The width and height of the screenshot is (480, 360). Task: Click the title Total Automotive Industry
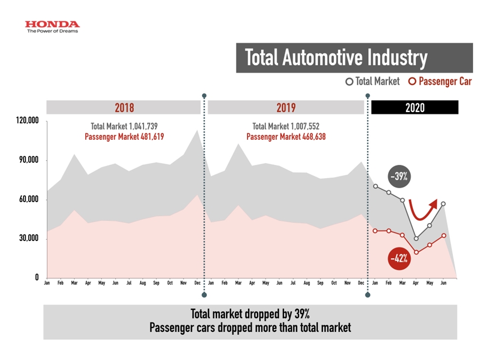coord(336,58)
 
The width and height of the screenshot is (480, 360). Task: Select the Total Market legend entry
coord(373,82)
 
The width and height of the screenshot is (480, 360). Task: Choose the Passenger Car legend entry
coord(439,82)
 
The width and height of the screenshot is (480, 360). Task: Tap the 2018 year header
coord(124,107)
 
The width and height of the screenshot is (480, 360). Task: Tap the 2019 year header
coord(286,107)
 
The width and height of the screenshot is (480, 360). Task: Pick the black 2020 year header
coord(414,107)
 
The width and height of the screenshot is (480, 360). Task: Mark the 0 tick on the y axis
coord(37,277)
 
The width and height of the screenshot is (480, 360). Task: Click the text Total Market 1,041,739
coord(124,126)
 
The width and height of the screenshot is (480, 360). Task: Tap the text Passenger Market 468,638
coord(286,137)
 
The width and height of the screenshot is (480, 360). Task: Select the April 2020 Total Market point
coord(416,238)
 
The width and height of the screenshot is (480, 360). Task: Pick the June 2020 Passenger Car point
coord(444,235)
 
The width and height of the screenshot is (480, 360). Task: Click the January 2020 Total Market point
coord(375,186)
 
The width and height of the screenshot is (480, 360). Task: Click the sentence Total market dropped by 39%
coord(250,314)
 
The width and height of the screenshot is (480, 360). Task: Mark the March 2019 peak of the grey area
coord(238,144)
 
